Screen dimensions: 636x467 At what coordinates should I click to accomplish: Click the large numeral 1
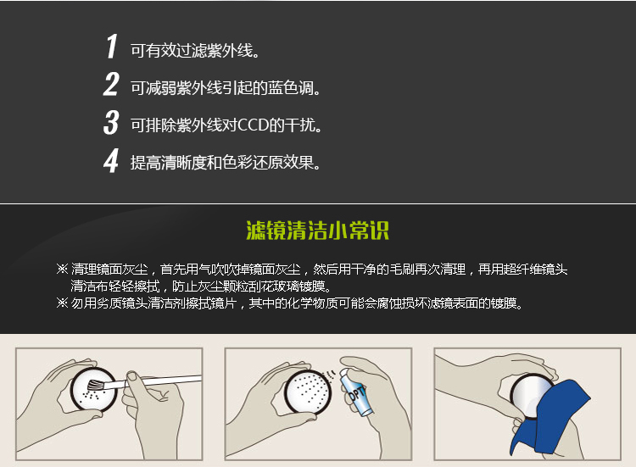[112, 47]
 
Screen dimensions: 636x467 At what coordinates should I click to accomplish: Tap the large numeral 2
[111, 84]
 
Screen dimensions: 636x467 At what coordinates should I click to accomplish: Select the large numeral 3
[111, 122]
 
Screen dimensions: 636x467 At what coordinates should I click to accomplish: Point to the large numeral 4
[111, 160]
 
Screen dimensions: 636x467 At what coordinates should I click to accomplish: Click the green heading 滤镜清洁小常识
[318, 231]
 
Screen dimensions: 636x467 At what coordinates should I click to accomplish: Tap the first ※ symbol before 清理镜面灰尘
[62, 269]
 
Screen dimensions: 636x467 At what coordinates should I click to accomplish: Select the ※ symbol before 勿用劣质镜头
[62, 303]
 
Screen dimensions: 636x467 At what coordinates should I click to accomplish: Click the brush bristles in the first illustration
[96, 384]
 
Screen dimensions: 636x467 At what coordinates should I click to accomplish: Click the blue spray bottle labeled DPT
[355, 392]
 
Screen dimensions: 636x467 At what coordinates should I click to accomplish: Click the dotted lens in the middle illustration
[308, 392]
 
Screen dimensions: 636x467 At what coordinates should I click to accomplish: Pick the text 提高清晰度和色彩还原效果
[225, 163]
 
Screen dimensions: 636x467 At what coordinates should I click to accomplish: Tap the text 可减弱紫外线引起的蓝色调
[225, 88]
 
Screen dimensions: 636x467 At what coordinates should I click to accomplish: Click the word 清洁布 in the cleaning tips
[90, 286]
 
